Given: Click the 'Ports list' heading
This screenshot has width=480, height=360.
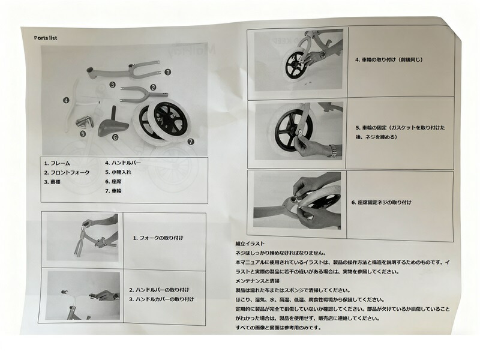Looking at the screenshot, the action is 46,38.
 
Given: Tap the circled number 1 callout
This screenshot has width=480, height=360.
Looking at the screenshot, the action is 167,72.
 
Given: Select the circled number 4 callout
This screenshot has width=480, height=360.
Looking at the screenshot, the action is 66,100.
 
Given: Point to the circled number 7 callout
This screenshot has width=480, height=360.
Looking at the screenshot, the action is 191,142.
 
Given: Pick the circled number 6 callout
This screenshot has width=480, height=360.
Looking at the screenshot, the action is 115,137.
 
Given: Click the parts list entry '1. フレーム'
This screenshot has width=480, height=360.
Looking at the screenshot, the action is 57,163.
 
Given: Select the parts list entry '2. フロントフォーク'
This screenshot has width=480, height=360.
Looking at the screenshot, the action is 67,173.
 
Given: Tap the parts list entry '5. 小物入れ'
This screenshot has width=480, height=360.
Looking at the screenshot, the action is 118,172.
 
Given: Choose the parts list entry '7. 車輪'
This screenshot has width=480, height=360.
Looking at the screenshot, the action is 113,191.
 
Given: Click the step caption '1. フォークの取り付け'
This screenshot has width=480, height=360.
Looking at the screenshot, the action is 158,238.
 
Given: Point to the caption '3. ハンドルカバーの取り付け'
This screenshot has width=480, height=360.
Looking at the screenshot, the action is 161,299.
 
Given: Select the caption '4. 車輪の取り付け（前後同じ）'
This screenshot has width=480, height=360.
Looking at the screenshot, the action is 389,59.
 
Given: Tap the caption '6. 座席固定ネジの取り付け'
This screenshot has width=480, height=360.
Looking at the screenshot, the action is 381,202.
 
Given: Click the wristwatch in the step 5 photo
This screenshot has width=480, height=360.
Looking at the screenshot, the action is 333,151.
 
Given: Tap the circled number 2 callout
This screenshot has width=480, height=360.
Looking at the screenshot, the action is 153,87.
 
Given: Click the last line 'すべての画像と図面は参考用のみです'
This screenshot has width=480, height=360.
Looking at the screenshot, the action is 278,328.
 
